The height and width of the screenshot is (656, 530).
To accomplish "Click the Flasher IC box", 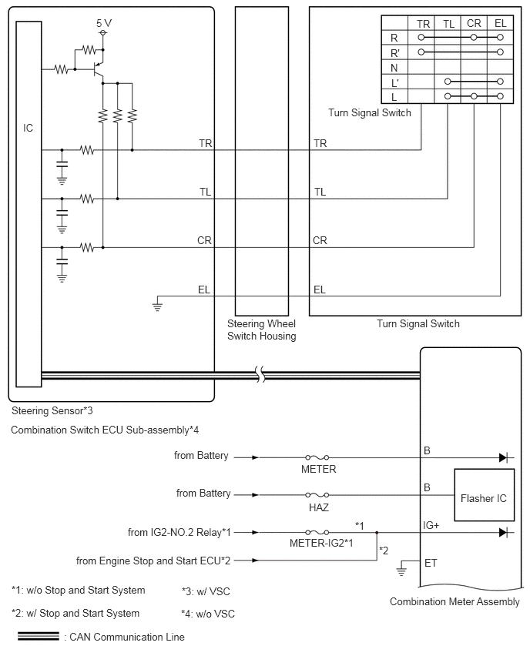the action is (484, 495).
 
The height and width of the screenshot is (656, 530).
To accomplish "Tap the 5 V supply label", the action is (104, 23).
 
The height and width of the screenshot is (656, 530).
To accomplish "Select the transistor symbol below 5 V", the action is (98, 69).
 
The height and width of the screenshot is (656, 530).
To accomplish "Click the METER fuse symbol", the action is (317, 457).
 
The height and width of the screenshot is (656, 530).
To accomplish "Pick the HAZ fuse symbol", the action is (317, 495).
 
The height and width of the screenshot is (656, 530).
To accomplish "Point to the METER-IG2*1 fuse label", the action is (321, 543).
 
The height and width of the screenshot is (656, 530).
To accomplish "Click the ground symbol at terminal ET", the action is (401, 569).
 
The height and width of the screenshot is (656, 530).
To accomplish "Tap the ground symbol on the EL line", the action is (157, 303).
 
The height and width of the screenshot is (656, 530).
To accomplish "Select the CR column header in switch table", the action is (474, 23).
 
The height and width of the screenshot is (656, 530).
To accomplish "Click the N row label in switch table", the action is (394, 68).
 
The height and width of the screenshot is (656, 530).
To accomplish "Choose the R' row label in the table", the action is (394, 53).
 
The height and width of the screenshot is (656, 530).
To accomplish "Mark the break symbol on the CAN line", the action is (260, 374).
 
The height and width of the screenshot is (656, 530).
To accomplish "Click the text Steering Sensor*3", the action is (52, 411).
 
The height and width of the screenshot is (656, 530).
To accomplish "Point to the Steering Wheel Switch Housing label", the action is (262, 330).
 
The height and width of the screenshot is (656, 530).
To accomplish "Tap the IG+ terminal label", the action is (431, 525).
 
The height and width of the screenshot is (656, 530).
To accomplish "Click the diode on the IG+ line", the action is (504, 533).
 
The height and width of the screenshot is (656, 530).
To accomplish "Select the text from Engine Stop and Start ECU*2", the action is (153, 561).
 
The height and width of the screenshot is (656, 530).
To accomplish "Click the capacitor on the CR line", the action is (62, 261).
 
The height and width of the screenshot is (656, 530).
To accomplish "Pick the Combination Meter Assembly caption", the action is (455, 601).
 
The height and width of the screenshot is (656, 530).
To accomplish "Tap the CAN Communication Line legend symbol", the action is (39, 636).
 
